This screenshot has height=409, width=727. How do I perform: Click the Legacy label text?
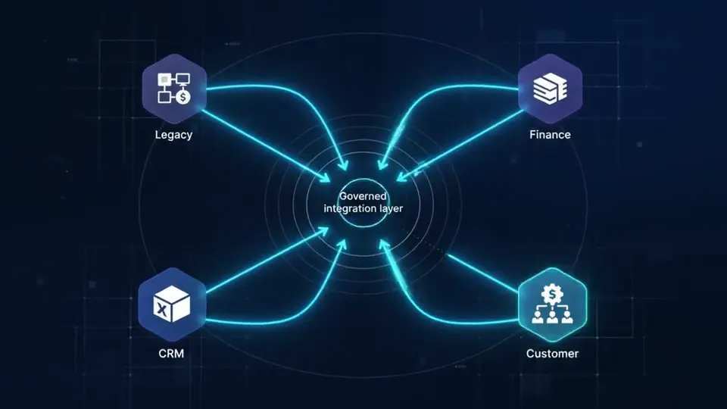tap(173, 135)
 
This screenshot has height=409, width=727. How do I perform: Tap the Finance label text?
tap(550, 135)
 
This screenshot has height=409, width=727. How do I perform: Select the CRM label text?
tap(171, 354)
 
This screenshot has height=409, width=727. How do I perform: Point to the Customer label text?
tap(552, 354)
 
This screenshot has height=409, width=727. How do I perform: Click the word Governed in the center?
tap(363, 196)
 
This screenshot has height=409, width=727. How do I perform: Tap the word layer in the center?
tap(391, 209)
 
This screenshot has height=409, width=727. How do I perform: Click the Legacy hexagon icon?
tap(174, 89)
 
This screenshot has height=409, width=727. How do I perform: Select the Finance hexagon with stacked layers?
tap(550, 89)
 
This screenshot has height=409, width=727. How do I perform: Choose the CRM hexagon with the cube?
tap(172, 304)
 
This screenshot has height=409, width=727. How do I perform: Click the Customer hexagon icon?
tap(552, 304)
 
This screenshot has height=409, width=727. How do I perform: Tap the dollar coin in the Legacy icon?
tap(183, 98)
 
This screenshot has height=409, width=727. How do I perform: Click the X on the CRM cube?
tap(161, 309)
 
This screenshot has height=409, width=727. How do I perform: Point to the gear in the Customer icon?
tap(552, 295)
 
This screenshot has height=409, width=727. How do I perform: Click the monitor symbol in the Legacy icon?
tap(183, 80)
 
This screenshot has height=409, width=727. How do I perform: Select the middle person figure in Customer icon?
tap(552, 317)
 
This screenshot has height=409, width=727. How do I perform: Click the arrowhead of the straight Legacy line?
tap(325, 176)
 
